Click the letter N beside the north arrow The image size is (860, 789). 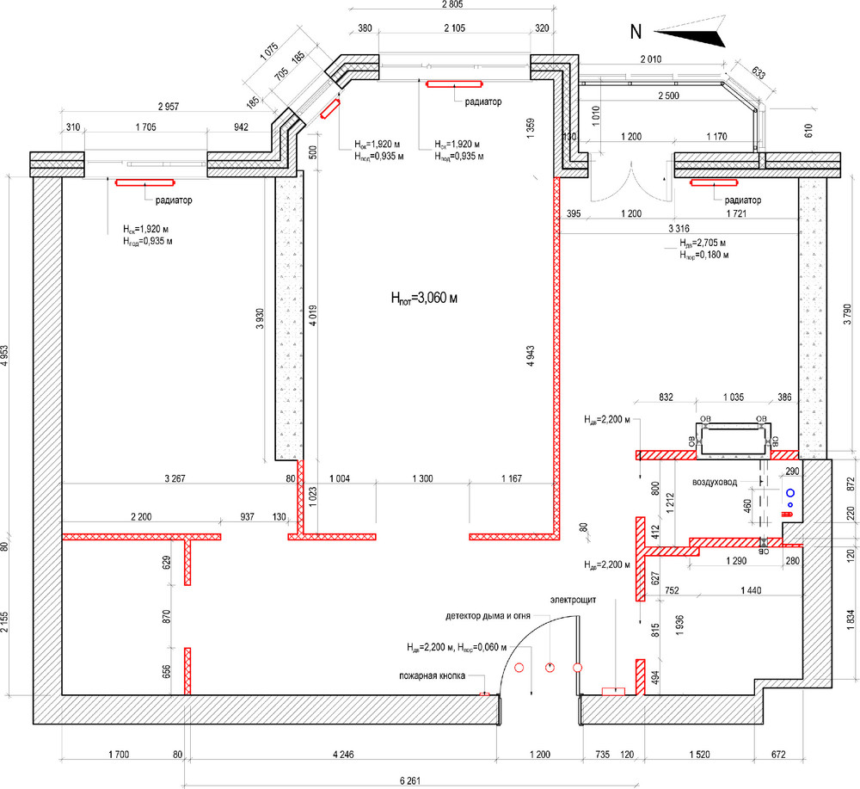636,32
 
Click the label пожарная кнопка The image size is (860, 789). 432,676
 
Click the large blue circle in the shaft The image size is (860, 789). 789,494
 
